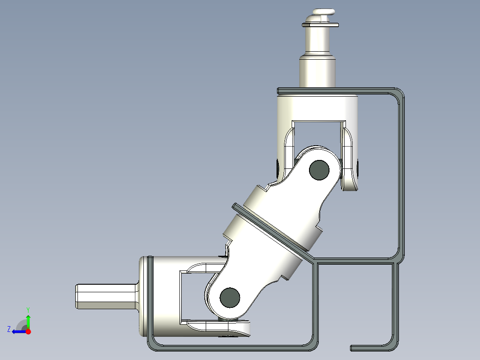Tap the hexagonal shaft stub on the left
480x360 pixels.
(x=105, y=296)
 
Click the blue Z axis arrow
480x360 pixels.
(x=18, y=331)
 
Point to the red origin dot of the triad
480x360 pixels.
(x=28, y=331)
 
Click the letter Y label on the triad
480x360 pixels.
(x=28, y=309)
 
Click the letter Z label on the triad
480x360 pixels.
(x=9, y=329)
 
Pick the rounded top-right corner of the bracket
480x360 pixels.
(x=397, y=94)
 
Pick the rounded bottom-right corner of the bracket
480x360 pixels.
(x=394, y=344)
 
